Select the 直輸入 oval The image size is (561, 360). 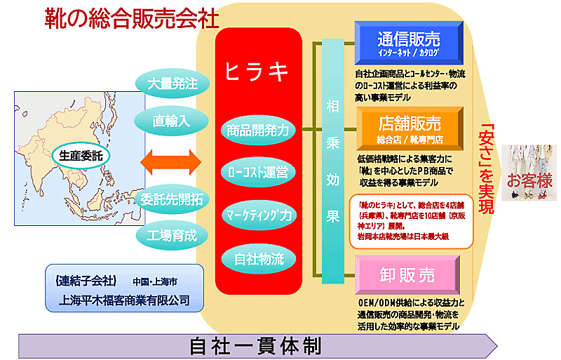(x=172, y=120)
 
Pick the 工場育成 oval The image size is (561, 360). (x=172, y=233)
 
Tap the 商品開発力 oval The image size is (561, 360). (x=259, y=130)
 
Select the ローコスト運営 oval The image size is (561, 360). (x=259, y=171)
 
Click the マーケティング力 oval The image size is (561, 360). (x=259, y=214)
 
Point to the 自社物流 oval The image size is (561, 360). (x=259, y=258)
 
